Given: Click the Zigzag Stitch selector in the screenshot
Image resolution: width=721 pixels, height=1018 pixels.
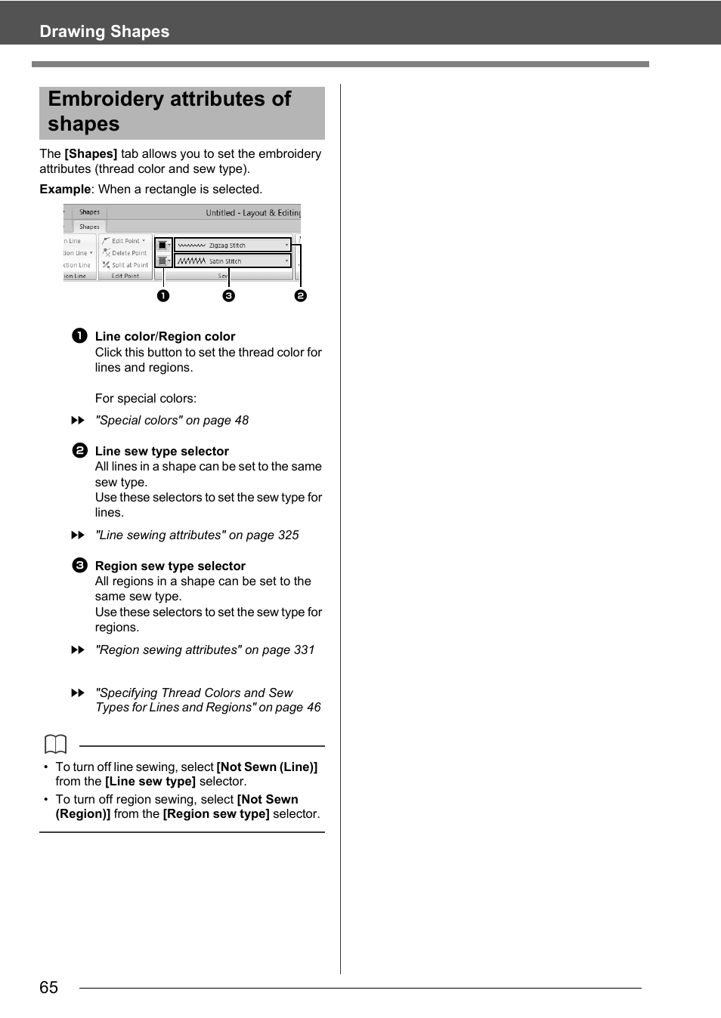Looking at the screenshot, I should [232, 245].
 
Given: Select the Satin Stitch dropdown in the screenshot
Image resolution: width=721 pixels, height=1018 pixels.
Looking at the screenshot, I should [232, 261].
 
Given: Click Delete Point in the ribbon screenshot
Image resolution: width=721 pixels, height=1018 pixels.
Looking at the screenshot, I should [125, 253].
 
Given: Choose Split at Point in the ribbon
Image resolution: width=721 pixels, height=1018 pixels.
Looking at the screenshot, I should [126, 265].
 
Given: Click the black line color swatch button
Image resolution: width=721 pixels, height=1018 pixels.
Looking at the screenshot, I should [162, 245].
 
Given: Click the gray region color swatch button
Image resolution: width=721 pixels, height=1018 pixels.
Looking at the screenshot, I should [162, 261].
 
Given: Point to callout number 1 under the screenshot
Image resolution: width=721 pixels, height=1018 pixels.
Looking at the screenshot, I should [163, 296].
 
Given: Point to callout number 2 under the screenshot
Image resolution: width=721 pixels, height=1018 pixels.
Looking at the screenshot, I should [301, 296].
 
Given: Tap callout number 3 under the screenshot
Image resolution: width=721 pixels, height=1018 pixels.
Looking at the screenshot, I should [229, 296].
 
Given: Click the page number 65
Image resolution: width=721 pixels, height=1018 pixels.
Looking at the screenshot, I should [49, 988].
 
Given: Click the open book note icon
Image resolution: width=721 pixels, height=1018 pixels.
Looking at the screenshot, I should [56, 745].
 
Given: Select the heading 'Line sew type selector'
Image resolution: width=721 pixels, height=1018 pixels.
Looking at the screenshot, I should [162, 452].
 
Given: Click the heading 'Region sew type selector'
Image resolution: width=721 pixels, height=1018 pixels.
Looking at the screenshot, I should [170, 566].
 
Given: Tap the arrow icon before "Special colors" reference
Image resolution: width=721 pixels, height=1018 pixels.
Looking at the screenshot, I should [78, 421].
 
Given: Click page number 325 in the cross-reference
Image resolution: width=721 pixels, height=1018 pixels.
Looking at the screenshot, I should [288, 535].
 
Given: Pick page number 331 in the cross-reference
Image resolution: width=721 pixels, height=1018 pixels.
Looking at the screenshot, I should [304, 650].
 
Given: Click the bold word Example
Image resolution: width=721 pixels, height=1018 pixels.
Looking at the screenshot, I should [65, 190].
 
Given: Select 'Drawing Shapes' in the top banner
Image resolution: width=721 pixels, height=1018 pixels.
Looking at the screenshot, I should [104, 32].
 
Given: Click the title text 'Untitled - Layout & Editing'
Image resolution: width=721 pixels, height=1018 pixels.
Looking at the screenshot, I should [253, 213].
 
